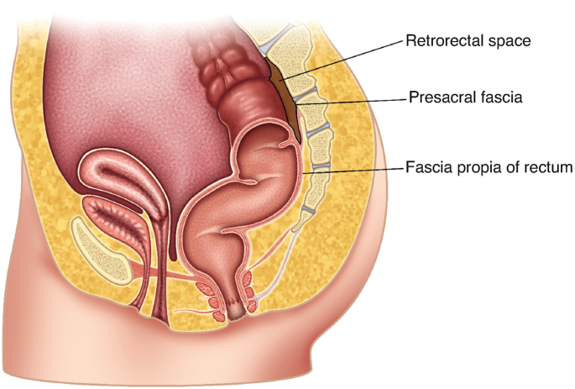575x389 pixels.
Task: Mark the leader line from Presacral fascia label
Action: click(x=361, y=101)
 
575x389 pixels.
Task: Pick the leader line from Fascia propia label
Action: click(x=361, y=170)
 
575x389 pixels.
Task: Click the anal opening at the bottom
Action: click(x=238, y=316)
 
